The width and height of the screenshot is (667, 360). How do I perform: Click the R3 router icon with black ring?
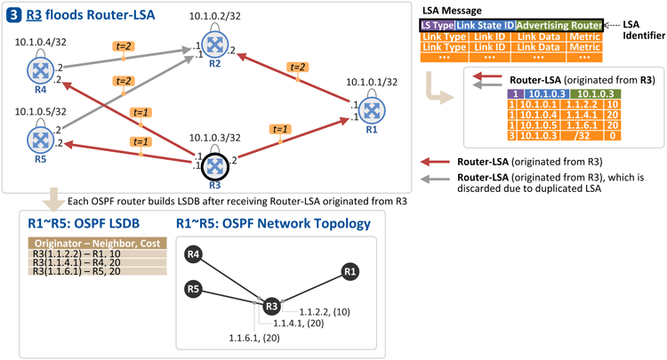(x=215, y=166)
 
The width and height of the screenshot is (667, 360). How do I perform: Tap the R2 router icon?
(x=215, y=44)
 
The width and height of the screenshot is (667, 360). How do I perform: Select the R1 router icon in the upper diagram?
(x=372, y=110)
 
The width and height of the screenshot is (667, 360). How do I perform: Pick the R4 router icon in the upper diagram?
(x=40, y=70)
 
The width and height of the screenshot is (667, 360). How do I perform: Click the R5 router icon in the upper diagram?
(x=40, y=140)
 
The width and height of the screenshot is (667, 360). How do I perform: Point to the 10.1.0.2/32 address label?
(x=215, y=16)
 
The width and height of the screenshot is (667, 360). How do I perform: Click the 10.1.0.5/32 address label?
(x=40, y=112)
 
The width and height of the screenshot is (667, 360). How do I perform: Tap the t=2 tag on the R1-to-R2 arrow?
(x=297, y=67)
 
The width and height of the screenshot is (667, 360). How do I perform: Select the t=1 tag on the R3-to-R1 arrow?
(x=280, y=129)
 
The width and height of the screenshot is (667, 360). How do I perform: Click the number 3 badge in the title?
(x=13, y=15)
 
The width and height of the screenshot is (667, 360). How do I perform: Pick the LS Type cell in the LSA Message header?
(x=438, y=26)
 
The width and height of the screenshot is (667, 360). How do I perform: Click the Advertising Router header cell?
(x=559, y=26)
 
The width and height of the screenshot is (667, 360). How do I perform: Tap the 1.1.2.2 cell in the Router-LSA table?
(x=581, y=105)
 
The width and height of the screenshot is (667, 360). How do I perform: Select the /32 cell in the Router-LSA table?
(x=581, y=136)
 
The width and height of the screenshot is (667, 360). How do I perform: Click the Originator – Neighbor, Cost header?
(x=98, y=244)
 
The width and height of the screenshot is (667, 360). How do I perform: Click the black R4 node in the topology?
(x=193, y=254)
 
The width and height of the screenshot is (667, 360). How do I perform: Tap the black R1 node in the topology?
(x=350, y=272)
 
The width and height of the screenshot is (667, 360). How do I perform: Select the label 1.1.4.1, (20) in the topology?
(x=299, y=324)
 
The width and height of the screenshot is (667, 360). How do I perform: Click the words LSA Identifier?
(x=644, y=29)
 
